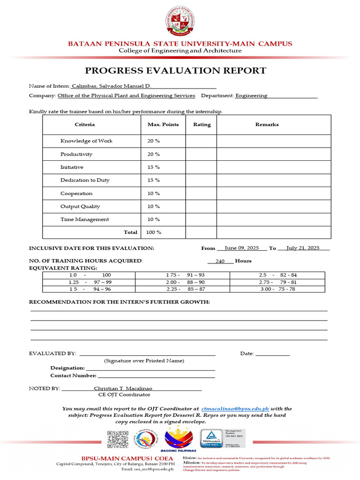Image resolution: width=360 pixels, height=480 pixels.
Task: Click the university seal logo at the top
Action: [180, 22]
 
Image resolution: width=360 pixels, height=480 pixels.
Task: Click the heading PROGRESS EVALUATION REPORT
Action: [175, 71]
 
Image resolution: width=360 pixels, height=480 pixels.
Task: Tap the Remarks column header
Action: [267, 125]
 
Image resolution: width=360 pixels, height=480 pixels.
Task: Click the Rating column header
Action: [202, 125]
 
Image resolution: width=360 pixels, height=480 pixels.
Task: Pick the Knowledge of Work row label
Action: [86, 141]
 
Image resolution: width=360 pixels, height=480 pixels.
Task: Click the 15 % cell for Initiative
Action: [154, 167]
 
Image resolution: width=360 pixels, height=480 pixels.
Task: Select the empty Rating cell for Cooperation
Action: [201, 194]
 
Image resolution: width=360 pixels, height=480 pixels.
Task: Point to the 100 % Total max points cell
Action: [154, 232]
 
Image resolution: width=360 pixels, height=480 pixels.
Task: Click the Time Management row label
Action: [84, 219]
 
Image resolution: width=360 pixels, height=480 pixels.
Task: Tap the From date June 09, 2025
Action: [242, 248]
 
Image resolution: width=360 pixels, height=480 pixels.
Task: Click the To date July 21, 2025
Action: [303, 248]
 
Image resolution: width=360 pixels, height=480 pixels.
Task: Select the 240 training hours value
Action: [220, 262]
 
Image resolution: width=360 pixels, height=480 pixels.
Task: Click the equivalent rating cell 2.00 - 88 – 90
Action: [185, 282]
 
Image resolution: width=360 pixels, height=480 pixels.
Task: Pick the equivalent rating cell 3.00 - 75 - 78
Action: [278, 289]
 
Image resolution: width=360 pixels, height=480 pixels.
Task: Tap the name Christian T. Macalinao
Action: [123, 389]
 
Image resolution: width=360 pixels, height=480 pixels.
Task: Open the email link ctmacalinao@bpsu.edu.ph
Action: [235, 409]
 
